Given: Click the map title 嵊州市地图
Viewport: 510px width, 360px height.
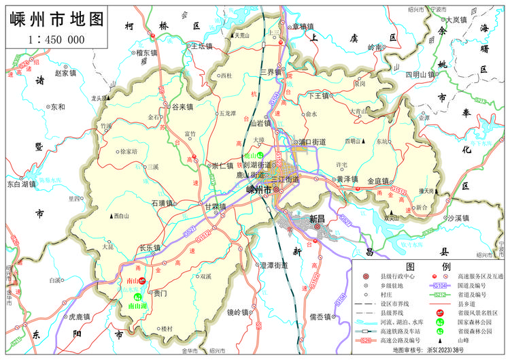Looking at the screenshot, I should tap(58, 19).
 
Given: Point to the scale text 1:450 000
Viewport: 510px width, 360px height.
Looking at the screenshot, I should tap(56, 39).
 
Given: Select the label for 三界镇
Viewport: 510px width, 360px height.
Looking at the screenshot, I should tap(270, 71).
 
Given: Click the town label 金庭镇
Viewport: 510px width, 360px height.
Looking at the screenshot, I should tap(377, 181).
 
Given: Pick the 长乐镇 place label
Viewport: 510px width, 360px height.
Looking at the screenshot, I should tap(150, 248).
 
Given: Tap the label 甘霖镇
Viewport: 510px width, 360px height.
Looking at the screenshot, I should tap(215, 206).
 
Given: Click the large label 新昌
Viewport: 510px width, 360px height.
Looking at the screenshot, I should tap(318, 219).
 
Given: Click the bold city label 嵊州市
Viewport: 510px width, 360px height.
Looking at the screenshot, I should tap(258, 191).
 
